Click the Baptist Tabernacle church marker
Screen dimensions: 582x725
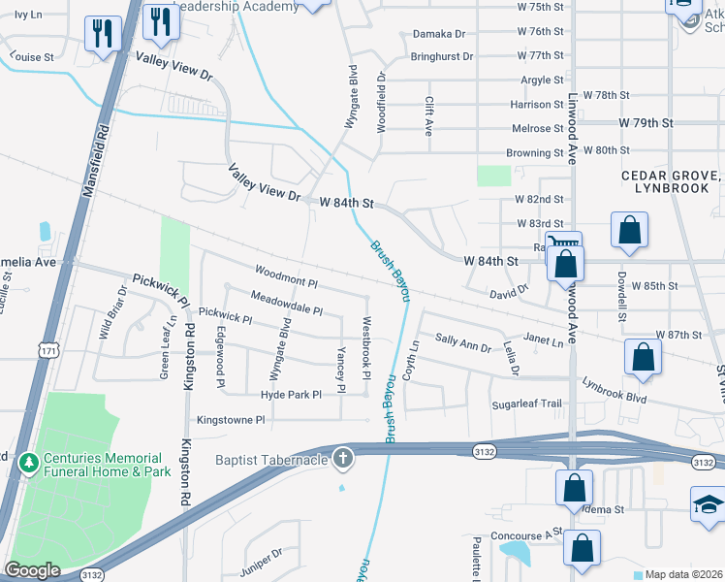pos(341,458)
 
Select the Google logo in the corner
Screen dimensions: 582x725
pos(33,570)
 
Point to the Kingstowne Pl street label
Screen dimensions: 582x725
pos(231,420)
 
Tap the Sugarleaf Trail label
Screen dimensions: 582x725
pos(526,404)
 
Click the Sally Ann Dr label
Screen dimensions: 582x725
pos(462,341)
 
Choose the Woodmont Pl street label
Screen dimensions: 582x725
pos(286,275)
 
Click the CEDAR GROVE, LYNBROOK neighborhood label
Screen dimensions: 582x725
pos(673,181)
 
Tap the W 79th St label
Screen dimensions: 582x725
pos(646,123)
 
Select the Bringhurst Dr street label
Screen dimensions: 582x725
pos(441,56)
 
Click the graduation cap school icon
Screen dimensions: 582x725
pos(709,503)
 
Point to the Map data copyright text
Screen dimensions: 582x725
pos(684,574)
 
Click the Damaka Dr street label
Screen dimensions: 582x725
pos(439,33)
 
